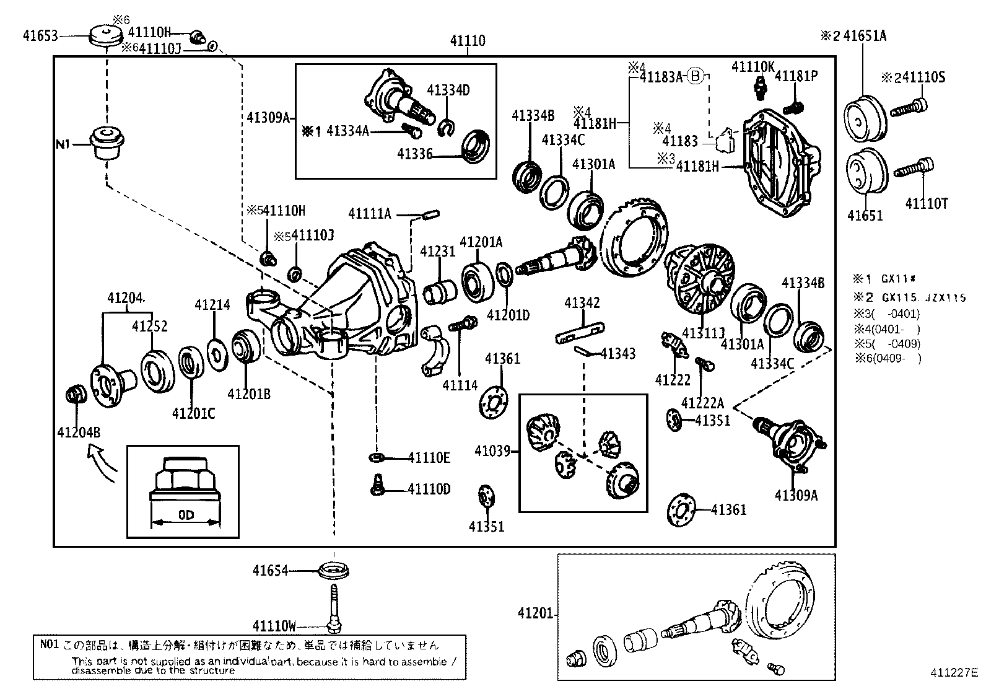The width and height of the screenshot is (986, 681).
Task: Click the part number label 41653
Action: coord(40,36)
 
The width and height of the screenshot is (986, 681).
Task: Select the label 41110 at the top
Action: coord(468,41)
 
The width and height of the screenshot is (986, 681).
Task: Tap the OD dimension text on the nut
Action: coord(186,515)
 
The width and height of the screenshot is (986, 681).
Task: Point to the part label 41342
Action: coord(582,303)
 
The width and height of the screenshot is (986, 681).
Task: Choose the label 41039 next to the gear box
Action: coord(492,450)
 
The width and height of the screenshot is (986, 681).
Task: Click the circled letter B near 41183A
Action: coord(696,77)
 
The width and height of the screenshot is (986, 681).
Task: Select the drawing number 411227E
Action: coord(953,672)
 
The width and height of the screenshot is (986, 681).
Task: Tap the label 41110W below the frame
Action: coord(274,626)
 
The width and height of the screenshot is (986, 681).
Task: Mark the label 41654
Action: coord(270,570)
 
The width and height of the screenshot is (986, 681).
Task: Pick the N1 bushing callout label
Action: coord(63,144)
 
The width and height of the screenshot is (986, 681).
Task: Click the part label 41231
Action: coord(437,251)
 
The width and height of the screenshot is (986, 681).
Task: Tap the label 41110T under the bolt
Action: coord(926,203)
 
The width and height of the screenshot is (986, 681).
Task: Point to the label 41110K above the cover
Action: coord(753,66)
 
